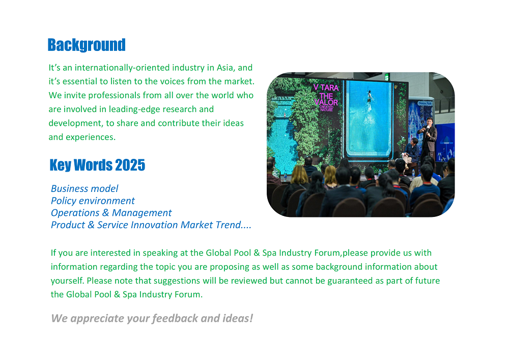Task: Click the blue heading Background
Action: pyautogui.click(x=87, y=45)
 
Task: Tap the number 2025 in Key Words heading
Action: pyautogui.click(x=130, y=165)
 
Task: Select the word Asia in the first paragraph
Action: pyautogui.click(x=225, y=68)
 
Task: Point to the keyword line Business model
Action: pyautogui.click(x=84, y=188)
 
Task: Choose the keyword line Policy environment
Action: pyautogui.click(x=93, y=201)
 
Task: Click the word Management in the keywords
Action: pyautogui.click(x=142, y=213)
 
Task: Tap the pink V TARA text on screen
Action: pyautogui.click(x=326, y=87)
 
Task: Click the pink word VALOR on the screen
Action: pyautogui.click(x=326, y=102)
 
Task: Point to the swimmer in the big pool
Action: pyautogui.click(x=370, y=96)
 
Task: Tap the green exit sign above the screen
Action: pyautogui.click(x=387, y=76)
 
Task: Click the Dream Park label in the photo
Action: pyautogui.click(x=425, y=103)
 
